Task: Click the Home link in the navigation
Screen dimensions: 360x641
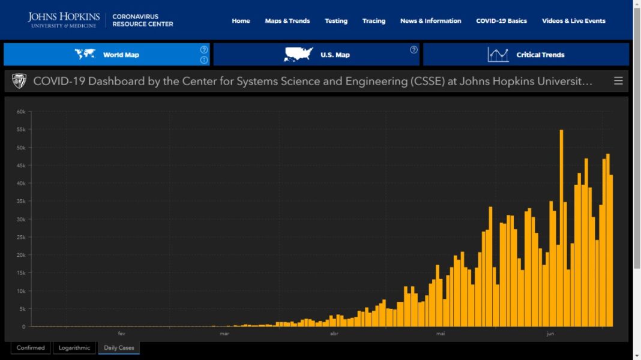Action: tap(241, 21)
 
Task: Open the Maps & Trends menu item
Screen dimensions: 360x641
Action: tap(287, 21)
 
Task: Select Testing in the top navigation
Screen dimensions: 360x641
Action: tap(336, 21)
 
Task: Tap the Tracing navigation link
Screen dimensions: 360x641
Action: tap(374, 21)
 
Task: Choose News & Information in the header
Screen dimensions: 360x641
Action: tap(431, 21)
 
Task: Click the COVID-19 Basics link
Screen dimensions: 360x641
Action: tap(502, 21)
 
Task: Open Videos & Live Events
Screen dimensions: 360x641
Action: tap(574, 21)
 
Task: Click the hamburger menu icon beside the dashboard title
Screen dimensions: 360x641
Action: tap(618, 81)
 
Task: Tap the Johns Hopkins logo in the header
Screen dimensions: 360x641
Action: tap(64, 20)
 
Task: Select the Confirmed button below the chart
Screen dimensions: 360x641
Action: tap(31, 348)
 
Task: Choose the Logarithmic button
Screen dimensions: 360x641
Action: tap(74, 348)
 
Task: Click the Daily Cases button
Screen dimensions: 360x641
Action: tap(119, 348)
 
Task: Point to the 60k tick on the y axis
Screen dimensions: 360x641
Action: tap(20, 112)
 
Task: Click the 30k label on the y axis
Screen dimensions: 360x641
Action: tap(20, 219)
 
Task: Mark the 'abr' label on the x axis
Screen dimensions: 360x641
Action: tap(334, 333)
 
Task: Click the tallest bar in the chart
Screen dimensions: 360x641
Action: tap(561, 228)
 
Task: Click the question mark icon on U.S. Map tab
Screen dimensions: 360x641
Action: tap(414, 50)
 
